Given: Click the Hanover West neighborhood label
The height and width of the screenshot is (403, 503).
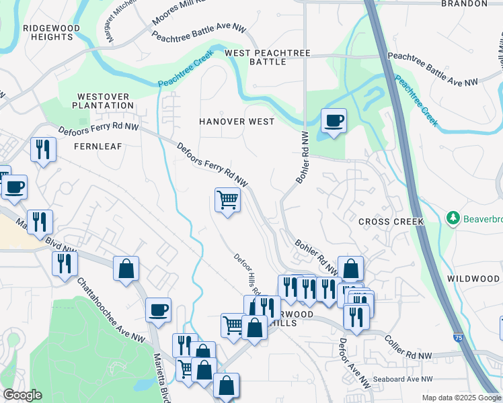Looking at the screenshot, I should tap(236, 122).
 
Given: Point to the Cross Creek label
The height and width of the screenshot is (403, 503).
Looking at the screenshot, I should tap(391, 221).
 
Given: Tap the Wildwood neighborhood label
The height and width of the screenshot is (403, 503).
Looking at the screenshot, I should tap(473, 278).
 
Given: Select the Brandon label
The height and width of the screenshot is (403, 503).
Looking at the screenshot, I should tap(463, 3).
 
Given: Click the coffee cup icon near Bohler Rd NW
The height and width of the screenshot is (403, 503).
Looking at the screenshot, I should tap(334, 121).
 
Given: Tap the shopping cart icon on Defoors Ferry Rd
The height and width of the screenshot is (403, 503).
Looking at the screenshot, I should tap(227, 199).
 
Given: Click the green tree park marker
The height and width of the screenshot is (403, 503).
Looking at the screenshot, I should tap(453, 219).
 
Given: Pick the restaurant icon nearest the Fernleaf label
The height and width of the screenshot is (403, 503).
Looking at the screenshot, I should tap(43, 148).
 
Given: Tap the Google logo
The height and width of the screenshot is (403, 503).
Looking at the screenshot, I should tap(22, 395).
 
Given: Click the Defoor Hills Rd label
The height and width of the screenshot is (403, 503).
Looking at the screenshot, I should tap(246, 275).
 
